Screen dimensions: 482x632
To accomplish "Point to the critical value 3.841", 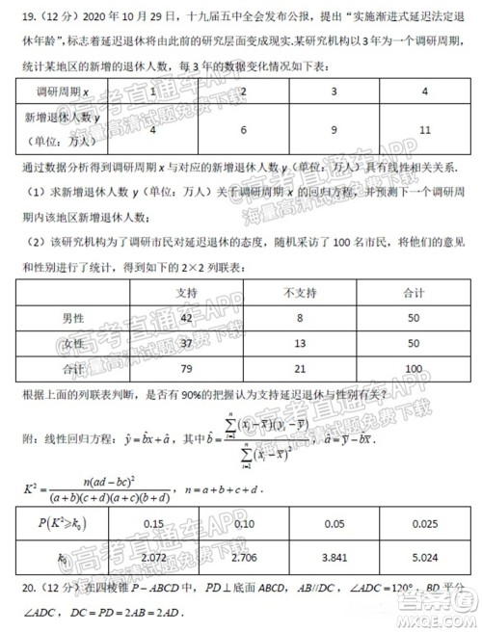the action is point(334,556).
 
